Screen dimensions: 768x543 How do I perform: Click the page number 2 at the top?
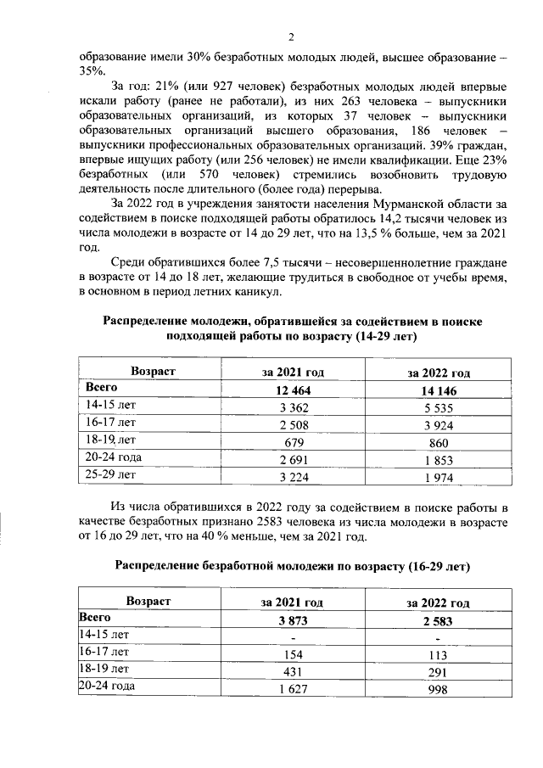291,36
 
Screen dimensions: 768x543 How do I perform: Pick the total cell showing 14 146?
439,390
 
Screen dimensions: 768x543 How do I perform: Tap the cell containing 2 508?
293,424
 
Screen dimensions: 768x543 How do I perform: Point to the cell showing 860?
439,442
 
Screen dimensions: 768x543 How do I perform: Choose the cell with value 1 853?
439,460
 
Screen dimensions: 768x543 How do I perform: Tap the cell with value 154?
293,654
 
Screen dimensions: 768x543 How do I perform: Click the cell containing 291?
439,671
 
